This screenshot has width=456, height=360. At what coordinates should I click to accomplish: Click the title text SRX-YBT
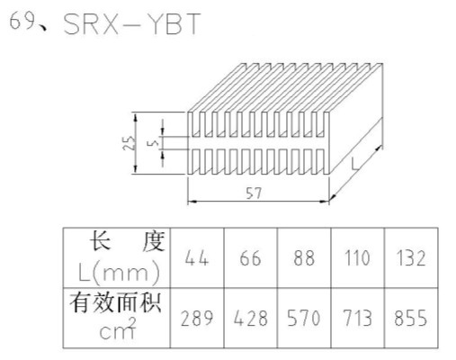tap(132, 24)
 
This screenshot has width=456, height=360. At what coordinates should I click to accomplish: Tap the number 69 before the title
tap(22, 21)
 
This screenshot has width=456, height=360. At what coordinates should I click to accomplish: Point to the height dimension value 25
tap(130, 143)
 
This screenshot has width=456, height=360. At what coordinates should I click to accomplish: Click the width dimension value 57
tap(254, 193)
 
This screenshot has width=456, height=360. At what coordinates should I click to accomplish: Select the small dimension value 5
tap(155, 143)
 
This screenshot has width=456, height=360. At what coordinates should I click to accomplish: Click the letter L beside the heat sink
tap(355, 164)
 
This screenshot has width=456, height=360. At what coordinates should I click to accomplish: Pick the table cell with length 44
tap(196, 258)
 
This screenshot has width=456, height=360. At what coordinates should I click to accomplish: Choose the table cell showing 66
tap(250, 258)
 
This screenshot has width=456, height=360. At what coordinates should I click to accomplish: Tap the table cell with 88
tap(304, 258)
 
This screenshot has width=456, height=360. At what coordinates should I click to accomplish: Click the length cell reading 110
tap(357, 258)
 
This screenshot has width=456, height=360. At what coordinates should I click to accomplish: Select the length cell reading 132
tap(411, 258)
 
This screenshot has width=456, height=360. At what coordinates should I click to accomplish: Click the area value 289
tap(197, 318)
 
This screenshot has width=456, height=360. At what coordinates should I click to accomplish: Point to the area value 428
tap(251, 318)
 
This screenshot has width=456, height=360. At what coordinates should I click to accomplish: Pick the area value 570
tap(304, 318)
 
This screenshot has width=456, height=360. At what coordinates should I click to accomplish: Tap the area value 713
tap(357, 318)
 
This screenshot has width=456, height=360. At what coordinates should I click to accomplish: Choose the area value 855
tap(410, 318)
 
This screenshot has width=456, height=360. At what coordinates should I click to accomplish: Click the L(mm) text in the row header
tap(119, 273)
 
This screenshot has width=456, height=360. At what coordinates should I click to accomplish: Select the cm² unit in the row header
tap(118, 329)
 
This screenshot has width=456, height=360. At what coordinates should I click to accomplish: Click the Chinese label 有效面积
tap(116, 303)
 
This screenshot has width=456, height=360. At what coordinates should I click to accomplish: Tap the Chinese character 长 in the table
tap(102, 240)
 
